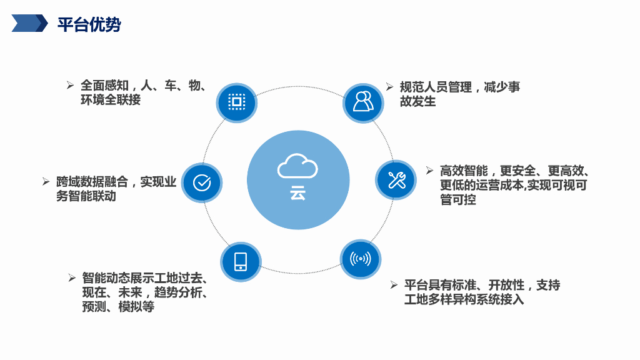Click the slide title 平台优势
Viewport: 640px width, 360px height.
(x=89, y=24)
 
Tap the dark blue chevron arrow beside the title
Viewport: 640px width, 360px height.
(x=30, y=24)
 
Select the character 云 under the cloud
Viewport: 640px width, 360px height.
(x=298, y=193)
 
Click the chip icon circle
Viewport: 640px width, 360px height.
(x=236, y=102)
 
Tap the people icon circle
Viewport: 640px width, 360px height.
(x=362, y=102)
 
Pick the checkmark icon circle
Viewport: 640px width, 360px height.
(x=202, y=182)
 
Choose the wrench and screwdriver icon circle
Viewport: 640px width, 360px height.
(x=396, y=180)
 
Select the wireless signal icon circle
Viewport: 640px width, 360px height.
(x=360, y=259)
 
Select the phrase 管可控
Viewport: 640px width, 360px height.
(x=458, y=200)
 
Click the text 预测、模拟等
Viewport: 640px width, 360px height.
(x=118, y=307)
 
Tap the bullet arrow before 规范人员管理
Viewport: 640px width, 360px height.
(x=389, y=87)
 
